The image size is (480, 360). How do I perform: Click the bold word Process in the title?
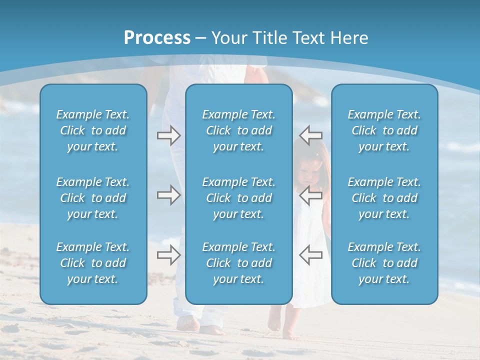(157, 38)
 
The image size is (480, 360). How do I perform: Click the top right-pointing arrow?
(168, 135)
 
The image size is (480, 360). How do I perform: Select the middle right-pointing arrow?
(168, 195)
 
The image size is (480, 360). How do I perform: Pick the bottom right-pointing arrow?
(168, 255)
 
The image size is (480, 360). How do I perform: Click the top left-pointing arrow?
(310, 135)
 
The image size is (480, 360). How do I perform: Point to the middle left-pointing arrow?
(310, 195)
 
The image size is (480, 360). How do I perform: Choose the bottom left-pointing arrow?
(310, 255)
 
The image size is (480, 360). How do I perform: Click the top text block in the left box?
(93, 130)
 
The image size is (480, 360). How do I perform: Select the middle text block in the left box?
(93, 198)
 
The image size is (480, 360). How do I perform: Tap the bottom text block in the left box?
(93, 263)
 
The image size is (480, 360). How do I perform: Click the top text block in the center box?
(238, 130)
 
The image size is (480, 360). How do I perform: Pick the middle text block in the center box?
(238, 198)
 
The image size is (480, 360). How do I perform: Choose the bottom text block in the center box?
(238, 263)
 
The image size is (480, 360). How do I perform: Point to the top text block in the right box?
(384, 130)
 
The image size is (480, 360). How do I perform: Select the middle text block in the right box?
(384, 198)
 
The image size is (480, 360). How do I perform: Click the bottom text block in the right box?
(384, 263)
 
